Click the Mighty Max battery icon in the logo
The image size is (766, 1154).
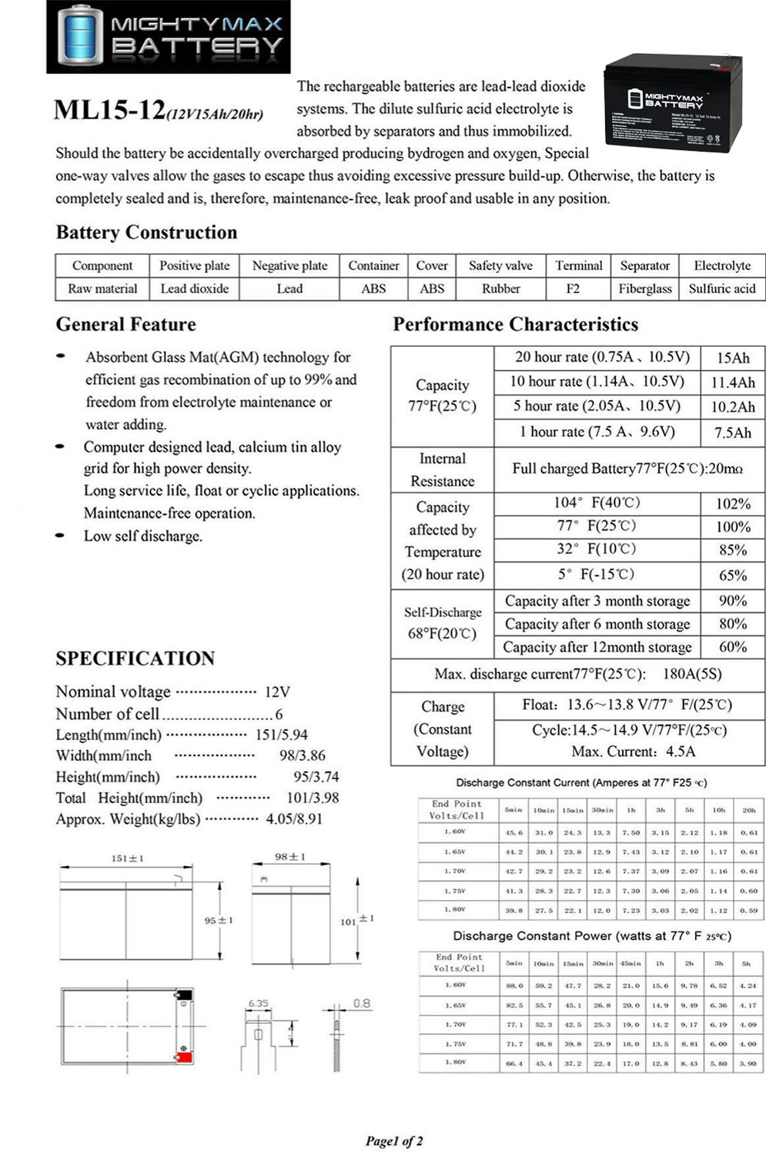(79, 35)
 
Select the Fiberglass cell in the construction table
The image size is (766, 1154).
(645, 288)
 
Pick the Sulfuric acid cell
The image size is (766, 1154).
(722, 288)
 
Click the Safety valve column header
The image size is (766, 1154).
(500, 265)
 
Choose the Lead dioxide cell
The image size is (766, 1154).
(194, 288)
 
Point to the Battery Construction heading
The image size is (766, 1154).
(146, 232)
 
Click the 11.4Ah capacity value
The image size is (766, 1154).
(732, 382)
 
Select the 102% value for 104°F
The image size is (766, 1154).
(732, 504)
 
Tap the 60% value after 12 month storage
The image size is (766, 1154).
(732, 647)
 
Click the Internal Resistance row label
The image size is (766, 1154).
(442, 469)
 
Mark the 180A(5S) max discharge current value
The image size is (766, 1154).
(692, 674)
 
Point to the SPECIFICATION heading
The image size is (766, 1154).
(135, 659)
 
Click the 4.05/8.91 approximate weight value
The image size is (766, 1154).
(294, 819)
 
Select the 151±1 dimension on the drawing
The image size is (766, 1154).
(128, 858)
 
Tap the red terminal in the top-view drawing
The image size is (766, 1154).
(184, 1058)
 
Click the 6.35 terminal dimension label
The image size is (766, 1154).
(259, 1003)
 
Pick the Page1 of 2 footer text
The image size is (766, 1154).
(394, 1141)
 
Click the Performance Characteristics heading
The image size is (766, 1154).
(515, 325)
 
